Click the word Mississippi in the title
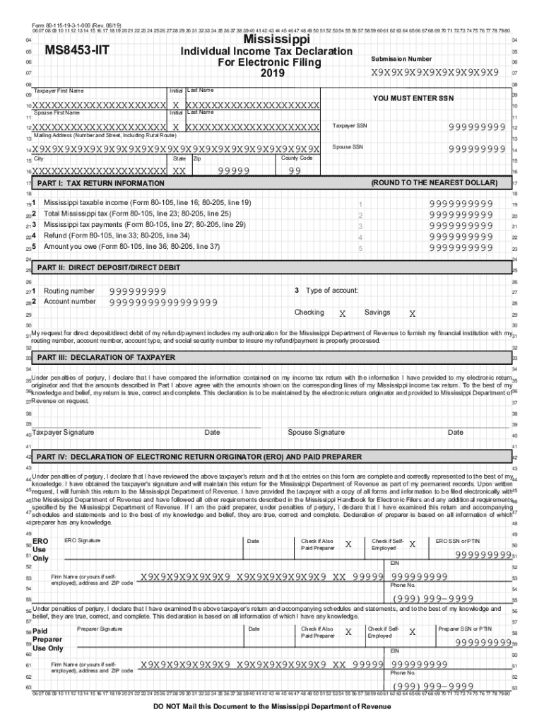point(266,40)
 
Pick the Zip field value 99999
point(234,171)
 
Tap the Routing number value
point(138,291)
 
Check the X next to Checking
point(343,313)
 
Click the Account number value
point(163,302)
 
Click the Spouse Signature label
point(316,432)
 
